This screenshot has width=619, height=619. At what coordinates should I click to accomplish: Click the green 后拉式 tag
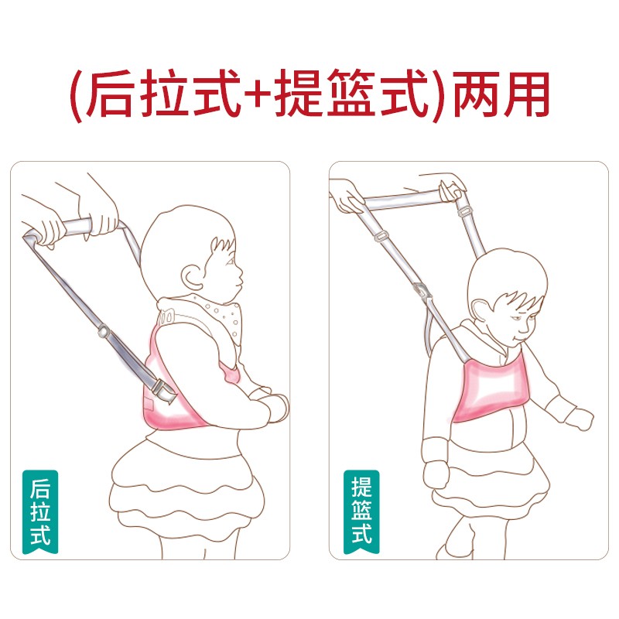[40, 511]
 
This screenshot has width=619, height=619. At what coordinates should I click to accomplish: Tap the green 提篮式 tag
[361, 511]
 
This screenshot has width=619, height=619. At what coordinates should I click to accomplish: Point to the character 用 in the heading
[525, 94]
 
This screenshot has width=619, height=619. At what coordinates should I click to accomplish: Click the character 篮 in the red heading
[351, 93]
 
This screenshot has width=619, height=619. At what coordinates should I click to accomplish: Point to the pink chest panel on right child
[491, 387]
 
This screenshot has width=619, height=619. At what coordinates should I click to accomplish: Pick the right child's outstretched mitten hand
[578, 419]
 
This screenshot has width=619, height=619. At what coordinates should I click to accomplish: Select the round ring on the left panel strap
[104, 331]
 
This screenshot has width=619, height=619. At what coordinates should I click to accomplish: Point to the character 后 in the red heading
[109, 94]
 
